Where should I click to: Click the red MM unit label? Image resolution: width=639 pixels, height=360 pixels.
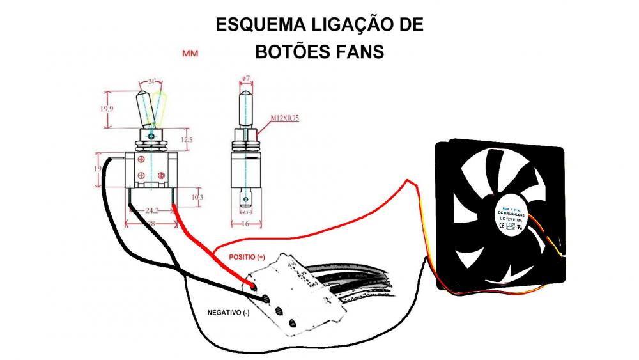(x=190, y=54)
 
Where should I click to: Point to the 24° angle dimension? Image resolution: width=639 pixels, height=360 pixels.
(x=152, y=82)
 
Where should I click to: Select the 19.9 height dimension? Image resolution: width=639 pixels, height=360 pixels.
(x=107, y=109)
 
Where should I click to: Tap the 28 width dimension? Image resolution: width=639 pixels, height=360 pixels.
(x=151, y=222)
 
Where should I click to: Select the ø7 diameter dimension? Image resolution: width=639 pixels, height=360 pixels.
(x=245, y=79)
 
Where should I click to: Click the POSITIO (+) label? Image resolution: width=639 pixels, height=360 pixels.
(x=247, y=257)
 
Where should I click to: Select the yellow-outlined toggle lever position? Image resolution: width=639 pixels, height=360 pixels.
(x=160, y=109)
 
